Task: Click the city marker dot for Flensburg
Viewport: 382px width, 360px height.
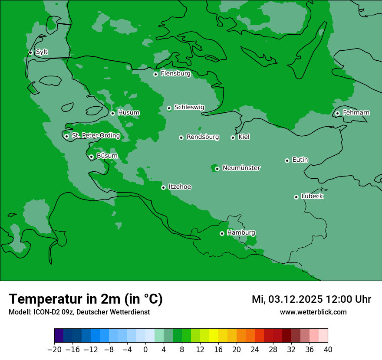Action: point(155,74)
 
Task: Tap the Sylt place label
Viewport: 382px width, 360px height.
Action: point(42,52)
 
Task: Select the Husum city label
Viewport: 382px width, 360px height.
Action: point(128,113)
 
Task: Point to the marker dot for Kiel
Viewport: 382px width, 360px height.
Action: point(233,137)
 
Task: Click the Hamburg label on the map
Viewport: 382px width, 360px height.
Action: point(241,233)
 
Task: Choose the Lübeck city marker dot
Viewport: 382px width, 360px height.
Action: point(296,197)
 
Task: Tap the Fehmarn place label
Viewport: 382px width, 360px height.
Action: point(356,113)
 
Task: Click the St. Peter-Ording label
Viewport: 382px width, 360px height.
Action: point(95,136)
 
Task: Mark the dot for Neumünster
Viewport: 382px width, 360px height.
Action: point(217,169)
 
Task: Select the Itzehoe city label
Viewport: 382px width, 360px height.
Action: point(180,187)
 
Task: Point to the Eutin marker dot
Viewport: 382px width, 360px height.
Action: point(287,160)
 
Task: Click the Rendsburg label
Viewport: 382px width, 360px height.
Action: point(203,137)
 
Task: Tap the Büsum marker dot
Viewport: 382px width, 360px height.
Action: point(91,157)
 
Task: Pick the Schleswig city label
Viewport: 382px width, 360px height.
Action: point(189,107)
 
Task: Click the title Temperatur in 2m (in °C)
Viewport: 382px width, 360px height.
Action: point(86,299)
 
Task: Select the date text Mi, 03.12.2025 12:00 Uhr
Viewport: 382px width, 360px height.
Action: point(311,299)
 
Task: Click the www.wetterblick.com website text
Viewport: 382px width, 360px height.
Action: point(313,312)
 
